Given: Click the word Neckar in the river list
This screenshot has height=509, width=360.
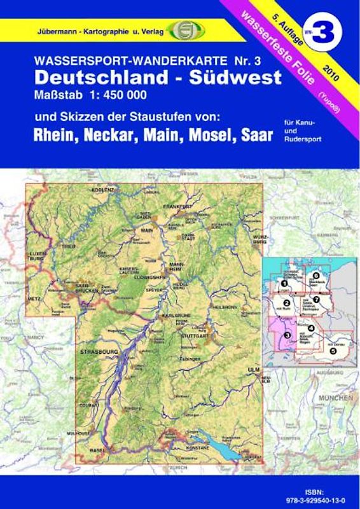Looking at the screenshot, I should pos(118,136).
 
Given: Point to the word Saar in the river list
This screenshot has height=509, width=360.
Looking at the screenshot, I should pos(253,136).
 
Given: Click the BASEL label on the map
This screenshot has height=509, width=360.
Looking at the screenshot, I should pos(96,451).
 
